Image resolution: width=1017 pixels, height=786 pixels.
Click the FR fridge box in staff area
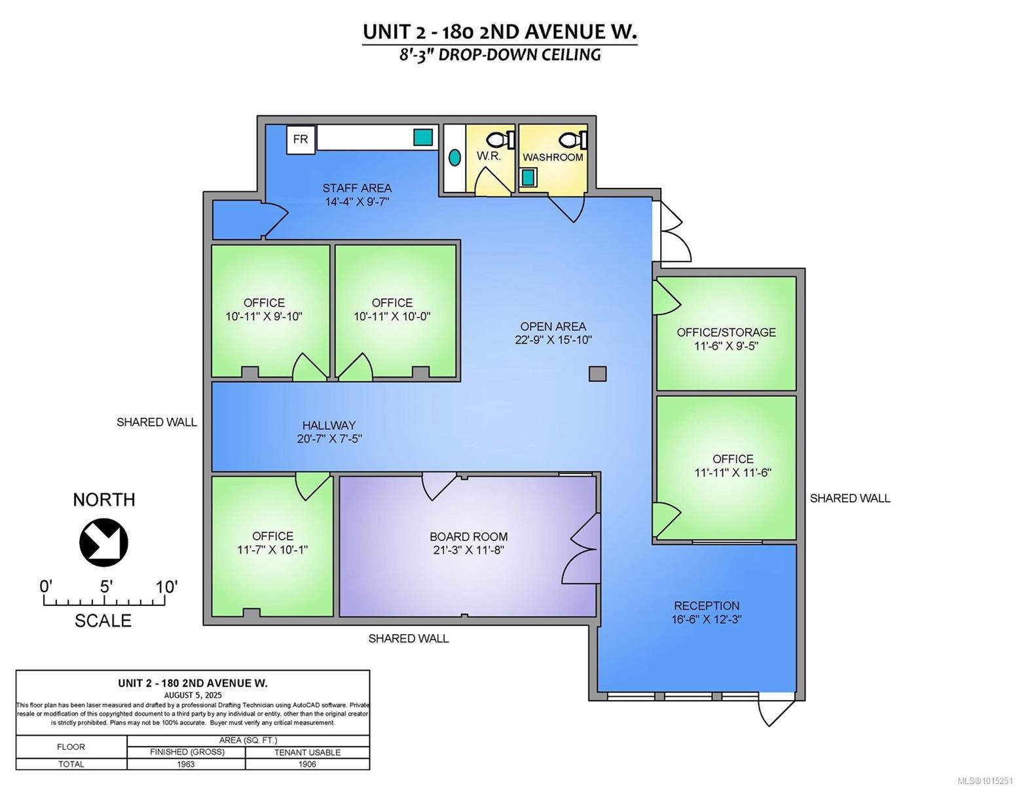301,140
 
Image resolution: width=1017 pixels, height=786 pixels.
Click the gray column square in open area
597,374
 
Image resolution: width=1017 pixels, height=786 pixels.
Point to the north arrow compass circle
103,542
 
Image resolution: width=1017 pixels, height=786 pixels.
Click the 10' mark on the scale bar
166,587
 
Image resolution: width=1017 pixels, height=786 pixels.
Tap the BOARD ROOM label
468,536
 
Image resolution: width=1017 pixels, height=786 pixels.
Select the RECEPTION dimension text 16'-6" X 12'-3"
707,619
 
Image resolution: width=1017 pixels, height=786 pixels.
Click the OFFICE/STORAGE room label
726,332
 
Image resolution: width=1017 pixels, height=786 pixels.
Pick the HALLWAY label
329,425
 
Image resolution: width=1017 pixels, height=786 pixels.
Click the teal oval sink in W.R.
454,157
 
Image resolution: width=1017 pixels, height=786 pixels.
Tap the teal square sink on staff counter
423,137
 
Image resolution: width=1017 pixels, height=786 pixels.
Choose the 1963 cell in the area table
186,764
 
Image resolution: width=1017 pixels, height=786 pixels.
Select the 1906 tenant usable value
306,764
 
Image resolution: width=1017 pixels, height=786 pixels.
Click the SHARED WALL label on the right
849,498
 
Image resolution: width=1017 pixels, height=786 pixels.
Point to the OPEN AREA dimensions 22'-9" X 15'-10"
553,340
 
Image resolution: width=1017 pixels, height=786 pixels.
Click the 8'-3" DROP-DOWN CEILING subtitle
500,54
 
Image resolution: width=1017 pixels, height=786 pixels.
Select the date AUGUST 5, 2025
193,695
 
